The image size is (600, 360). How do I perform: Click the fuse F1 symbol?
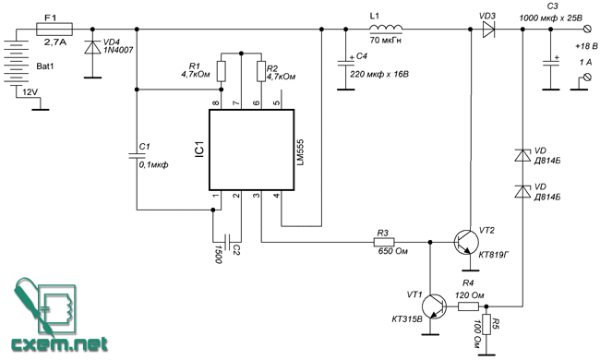[54, 29]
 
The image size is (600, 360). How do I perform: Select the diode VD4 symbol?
[92, 47]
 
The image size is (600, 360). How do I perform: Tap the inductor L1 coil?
[386, 29]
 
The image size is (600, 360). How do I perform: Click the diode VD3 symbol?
[488, 29]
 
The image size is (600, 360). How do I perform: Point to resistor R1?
[221, 71]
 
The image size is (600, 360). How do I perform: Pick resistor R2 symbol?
[261, 71]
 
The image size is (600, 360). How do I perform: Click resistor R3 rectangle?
[384, 242]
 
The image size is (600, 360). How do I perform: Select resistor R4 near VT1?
[468, 306]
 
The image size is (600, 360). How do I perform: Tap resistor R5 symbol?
[486, 325]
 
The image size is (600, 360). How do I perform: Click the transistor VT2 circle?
[466, 242]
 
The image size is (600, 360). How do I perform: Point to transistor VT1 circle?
[435, 306]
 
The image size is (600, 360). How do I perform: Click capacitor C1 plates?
[137, 155]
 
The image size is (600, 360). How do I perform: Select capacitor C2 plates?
[227, 242]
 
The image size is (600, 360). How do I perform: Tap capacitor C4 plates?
[346, 64]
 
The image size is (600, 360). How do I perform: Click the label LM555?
[300, 152]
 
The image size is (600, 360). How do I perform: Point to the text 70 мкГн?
[385, 40]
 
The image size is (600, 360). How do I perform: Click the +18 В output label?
[586, 46]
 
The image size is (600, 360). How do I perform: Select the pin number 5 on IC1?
[276, 102]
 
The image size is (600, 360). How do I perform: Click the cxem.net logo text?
[59, 344]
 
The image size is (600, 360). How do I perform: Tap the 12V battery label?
[30, 92]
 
